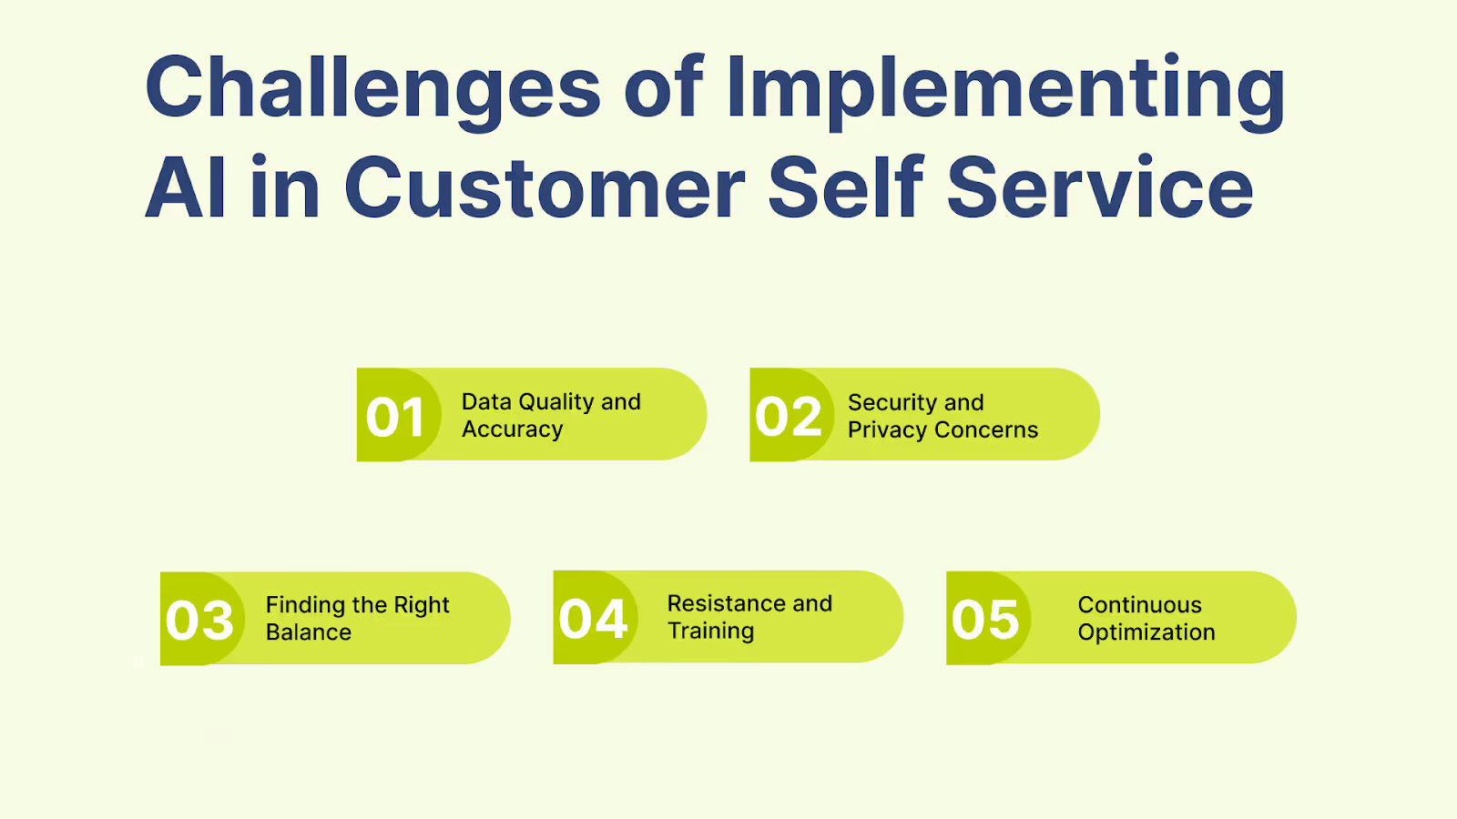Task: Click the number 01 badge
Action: tap(396, 417)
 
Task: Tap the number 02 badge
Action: tap(789, 417)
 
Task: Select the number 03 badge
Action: tap(200, 621)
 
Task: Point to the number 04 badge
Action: tap(593, 620)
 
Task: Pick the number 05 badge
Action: tap(985, 620)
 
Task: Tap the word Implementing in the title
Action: tap(1005, 88)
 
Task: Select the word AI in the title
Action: tap(185, 188)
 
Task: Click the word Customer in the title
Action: tap(545, 188)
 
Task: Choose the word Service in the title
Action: tap(1100, 188)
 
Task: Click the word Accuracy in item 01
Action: tap(512, 430)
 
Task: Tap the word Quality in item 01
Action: tap(555, 402)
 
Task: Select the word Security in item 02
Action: tap(891, 402)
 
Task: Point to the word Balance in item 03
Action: tap(308, 632)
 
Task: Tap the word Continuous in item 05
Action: tap(1139, 605)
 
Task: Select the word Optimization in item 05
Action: tap(1146, 632)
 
